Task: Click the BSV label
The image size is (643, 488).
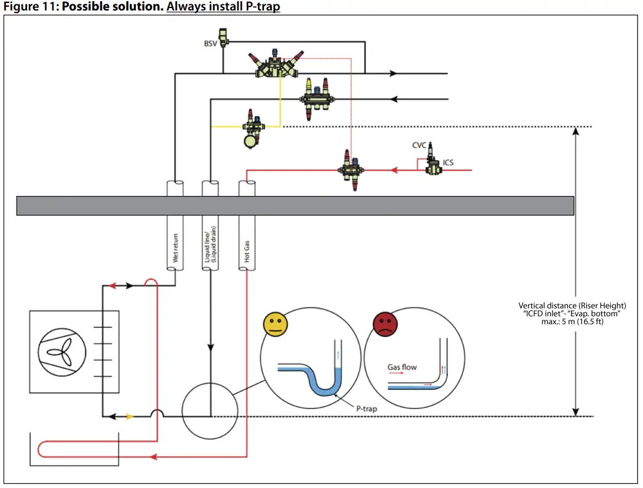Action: click(210, 44)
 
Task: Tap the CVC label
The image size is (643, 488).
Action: click(419, 145)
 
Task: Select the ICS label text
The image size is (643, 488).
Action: click(449, 163)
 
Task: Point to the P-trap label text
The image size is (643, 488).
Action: click(367, 409)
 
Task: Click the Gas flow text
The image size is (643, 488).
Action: click(402, 367)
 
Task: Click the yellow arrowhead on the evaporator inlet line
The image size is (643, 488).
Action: click(130, 417)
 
